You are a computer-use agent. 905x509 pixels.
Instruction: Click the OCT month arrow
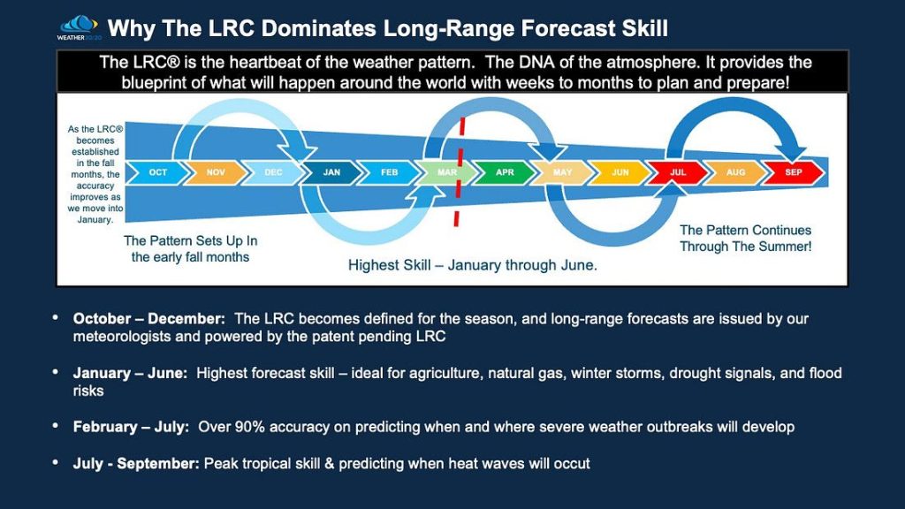(x=158, y=172)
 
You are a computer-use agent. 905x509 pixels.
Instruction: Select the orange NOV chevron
(x=216, y=172)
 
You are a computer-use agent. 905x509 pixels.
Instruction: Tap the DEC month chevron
(x=273, y=172)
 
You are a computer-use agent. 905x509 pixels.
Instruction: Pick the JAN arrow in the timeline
(x=331, y=172)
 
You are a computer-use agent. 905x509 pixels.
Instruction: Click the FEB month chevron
(x=389, y=172)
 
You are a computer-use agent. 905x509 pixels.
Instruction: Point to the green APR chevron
(x=505, y=172)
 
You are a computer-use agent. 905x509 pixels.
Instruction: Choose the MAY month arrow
(x=562, y=172)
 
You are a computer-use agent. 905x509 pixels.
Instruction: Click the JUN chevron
(x=620, y=172)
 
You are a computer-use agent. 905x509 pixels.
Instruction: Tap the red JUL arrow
(x=678, y=172)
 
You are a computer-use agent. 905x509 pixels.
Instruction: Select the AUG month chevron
(x=735, y=172)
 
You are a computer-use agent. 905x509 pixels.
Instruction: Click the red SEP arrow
(x=794, y=172)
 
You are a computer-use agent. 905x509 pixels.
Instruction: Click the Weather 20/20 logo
(x=78, y=27)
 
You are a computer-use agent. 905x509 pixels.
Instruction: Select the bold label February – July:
(x=131, y=427)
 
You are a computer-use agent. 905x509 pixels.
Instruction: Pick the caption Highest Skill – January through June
(x=472, y=265)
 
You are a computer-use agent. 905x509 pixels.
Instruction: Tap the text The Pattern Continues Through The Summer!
(x=745, y=239)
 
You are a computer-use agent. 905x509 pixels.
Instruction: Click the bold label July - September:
(x=137, y=463)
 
